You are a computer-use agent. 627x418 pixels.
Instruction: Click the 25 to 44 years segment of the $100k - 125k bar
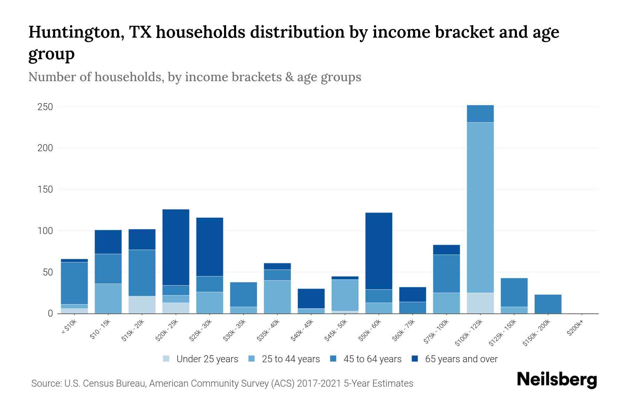(x=480, y=207)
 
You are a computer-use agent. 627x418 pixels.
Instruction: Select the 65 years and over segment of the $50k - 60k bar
(x=379, y=251)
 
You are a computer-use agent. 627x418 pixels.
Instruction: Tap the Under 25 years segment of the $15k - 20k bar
(x=142, y=305)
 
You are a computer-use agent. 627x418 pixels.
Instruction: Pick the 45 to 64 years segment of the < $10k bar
(x=74, y=283)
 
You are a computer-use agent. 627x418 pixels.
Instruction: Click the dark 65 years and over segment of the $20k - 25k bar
(x=176, y=247)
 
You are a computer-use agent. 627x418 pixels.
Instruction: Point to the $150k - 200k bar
(x=548, y=304)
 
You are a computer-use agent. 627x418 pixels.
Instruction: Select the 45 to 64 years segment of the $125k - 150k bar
(x=514, y=292)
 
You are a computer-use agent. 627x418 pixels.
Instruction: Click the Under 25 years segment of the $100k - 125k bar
(x=480, y=303)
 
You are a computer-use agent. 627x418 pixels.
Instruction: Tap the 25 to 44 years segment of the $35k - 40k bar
(x=277, y=297)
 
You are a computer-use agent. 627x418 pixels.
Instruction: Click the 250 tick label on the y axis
(x=45, y=107)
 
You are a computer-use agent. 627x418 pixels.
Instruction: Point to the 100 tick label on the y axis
(x=45, y=231)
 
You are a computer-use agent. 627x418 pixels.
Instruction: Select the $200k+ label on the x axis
(x=575, y=329)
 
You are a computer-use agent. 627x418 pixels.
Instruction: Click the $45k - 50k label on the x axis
(x=335, y=331)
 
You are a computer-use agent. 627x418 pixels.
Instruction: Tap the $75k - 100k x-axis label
(x=436, y=332)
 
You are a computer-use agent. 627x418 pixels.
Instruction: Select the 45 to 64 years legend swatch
(x=333, y=359)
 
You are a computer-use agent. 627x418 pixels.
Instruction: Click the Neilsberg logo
(x=557, y=380)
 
